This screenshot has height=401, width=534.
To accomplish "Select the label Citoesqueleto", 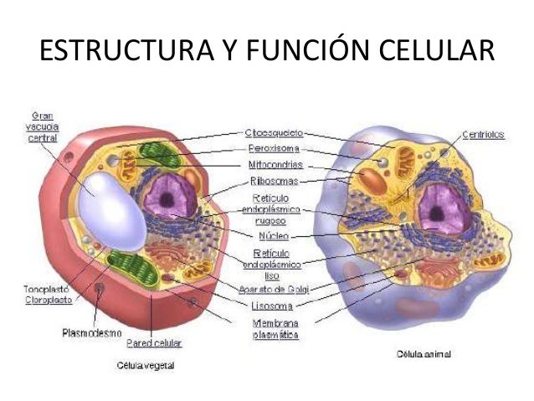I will [x=275, y=133].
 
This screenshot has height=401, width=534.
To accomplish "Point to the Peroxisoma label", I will [x=275, y=148].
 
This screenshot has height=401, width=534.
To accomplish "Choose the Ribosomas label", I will [x=275, y=180].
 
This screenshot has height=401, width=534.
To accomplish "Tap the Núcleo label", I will [x=275, y=236].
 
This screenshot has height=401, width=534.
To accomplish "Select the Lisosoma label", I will [x=272, y=305].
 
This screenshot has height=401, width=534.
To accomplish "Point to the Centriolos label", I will [x=483, y=134].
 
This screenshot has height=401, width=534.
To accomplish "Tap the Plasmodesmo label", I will [x=94, y=332].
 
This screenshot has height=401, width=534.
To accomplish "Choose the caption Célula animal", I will [x=424, y=354].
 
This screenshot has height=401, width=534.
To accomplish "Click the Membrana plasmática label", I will [x=275, y=327].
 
